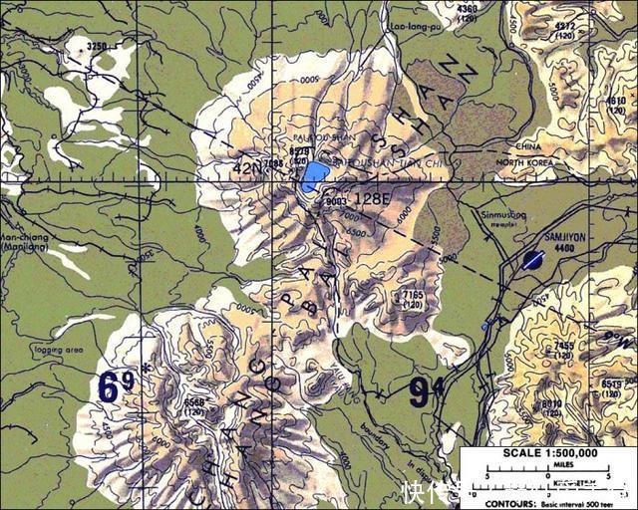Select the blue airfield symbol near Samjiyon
coord(531,260)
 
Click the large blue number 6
coord(109,387)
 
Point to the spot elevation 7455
coord(563,347)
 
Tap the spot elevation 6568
coord(195,402)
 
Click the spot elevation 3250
coord(97,47)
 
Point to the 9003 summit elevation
coord(335,200)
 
